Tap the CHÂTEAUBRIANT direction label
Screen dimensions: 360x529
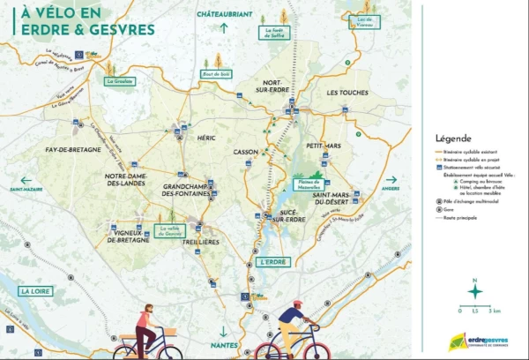click(x=225, y=15)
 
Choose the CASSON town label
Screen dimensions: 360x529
click(x=246, y=152)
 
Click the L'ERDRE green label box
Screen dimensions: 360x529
click(x=273, y=262)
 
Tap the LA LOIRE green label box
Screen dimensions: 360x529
click(x=36, y=291)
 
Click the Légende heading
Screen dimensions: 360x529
click(x=453, y=139)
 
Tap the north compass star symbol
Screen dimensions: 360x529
click(x=474, y=291)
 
